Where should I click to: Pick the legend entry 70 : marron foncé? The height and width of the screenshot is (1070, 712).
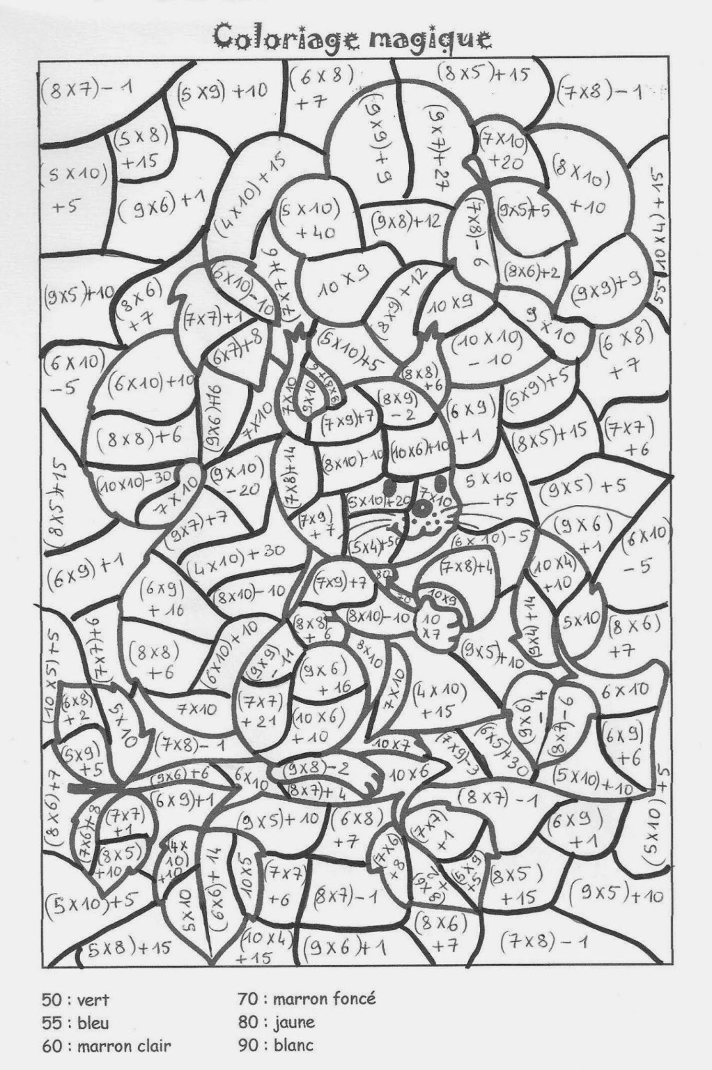(307, 999)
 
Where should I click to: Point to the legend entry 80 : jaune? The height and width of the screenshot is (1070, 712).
(277, 1022)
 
